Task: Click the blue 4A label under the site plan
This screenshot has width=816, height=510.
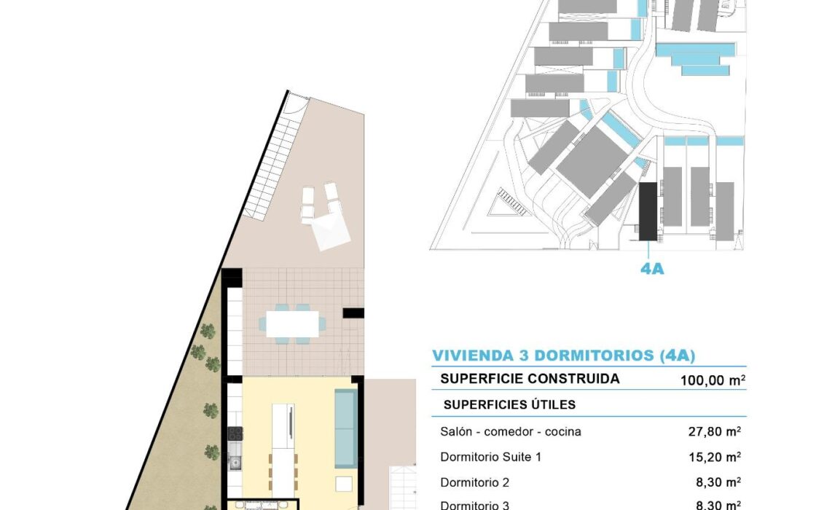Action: (x=652, y=268)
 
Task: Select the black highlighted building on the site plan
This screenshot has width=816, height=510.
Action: (x=648, y=211)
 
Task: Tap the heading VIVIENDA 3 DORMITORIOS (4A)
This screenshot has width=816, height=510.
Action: (x=564, y=355)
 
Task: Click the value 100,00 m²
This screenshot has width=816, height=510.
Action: (x=713, y=380)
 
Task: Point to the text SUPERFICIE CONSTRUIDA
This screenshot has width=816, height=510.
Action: (x=530, y=378)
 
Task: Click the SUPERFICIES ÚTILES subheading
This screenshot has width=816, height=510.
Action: (x=509, y=404)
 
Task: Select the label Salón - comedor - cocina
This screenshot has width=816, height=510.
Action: (x=511, y=431)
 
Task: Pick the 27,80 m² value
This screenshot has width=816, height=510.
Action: (x=715, y=431)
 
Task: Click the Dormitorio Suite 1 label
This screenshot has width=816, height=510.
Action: (x=491, y=457)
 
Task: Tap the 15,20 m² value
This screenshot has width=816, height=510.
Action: (x=715, y=457)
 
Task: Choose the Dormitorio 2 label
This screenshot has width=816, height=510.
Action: (x=474, y=482)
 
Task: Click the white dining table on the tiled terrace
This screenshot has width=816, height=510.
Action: (x=292, y=323)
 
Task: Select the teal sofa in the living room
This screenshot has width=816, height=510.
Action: (x=345, y=428)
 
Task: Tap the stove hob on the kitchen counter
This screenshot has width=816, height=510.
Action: (x=235, y=433)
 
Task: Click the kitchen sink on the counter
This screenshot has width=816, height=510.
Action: (x=235, y=461)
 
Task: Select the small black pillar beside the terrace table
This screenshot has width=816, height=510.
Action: (x=353, y=313)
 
